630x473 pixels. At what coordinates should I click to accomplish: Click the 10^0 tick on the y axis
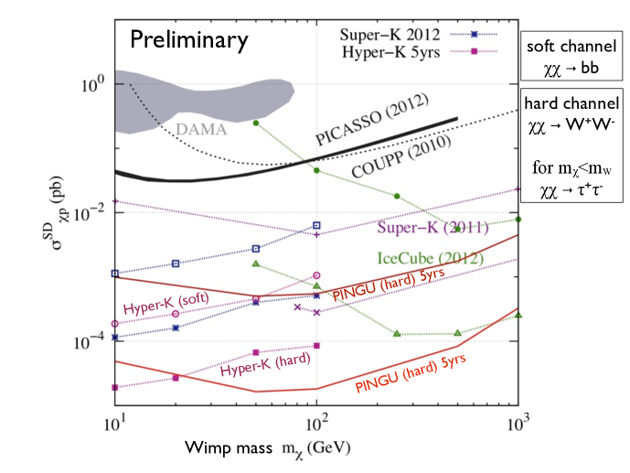(94, 83)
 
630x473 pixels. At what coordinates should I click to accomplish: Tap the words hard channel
(572, 103)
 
